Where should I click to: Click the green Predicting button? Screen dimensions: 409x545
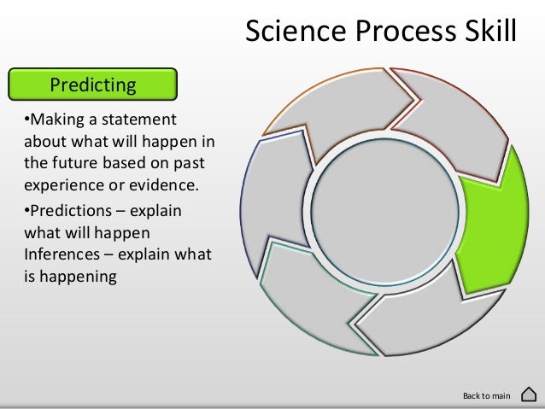[92, 85]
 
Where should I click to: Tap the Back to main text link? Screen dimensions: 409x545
[485, 395]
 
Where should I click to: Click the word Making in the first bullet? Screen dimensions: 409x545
[56, 120]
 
